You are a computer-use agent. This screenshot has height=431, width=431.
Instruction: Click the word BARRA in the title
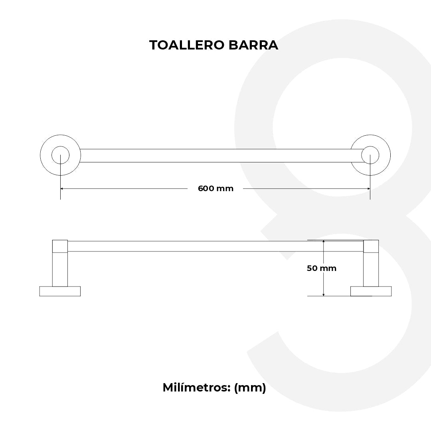coord(253,45)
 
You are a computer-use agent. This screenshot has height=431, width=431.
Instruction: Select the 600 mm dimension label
coord(215,188)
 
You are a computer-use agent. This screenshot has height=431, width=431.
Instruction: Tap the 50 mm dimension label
coord(321,268)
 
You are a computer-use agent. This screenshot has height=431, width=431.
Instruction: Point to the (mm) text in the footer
coord(250,388)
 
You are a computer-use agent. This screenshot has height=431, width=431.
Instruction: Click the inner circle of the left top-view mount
coord(60,155)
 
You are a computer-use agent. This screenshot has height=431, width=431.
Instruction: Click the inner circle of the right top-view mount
coord(370,155)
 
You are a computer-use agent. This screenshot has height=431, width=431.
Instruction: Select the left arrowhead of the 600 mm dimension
coord(63,188)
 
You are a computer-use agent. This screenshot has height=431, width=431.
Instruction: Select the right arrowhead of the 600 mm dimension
coord(368,188)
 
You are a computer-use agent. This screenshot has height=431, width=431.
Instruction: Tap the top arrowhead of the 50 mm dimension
coord(323,242)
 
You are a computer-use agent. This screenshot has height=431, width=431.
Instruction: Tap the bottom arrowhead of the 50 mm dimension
coord(323,294)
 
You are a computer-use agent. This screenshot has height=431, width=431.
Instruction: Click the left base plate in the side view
coord(60,291)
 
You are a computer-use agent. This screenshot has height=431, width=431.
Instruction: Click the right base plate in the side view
coord(371,291)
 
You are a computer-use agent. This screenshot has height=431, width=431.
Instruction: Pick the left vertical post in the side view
coord(60,269)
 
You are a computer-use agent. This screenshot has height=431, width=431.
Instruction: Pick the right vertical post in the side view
coord(371,269)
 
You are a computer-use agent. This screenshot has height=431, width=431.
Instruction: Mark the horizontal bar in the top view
coord(215,156)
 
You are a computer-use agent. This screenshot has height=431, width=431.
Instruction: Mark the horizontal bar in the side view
coord(215,246)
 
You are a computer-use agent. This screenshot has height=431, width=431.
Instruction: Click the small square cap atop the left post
coord(60,246)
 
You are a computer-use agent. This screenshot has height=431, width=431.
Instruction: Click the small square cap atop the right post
coord(371,246)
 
